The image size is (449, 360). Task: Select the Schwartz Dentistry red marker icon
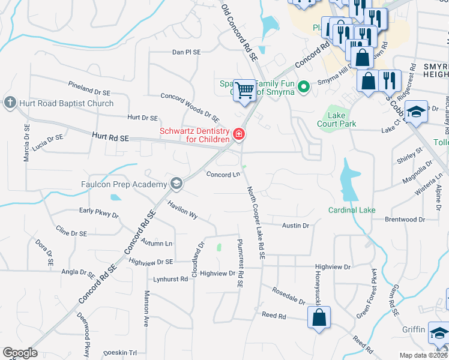[239, 134]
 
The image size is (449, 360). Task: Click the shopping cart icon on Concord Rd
[244, 90]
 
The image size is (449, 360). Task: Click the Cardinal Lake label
[352, 210]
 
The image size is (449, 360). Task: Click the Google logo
[19, 353]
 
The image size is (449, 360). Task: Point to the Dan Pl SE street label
[186, 53]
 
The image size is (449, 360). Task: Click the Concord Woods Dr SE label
[190, 105]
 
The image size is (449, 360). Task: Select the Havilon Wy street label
[182, 209]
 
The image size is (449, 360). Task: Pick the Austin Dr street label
[296, 226]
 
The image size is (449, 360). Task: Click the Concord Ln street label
[223, 175]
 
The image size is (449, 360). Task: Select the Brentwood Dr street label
[405, 220]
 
